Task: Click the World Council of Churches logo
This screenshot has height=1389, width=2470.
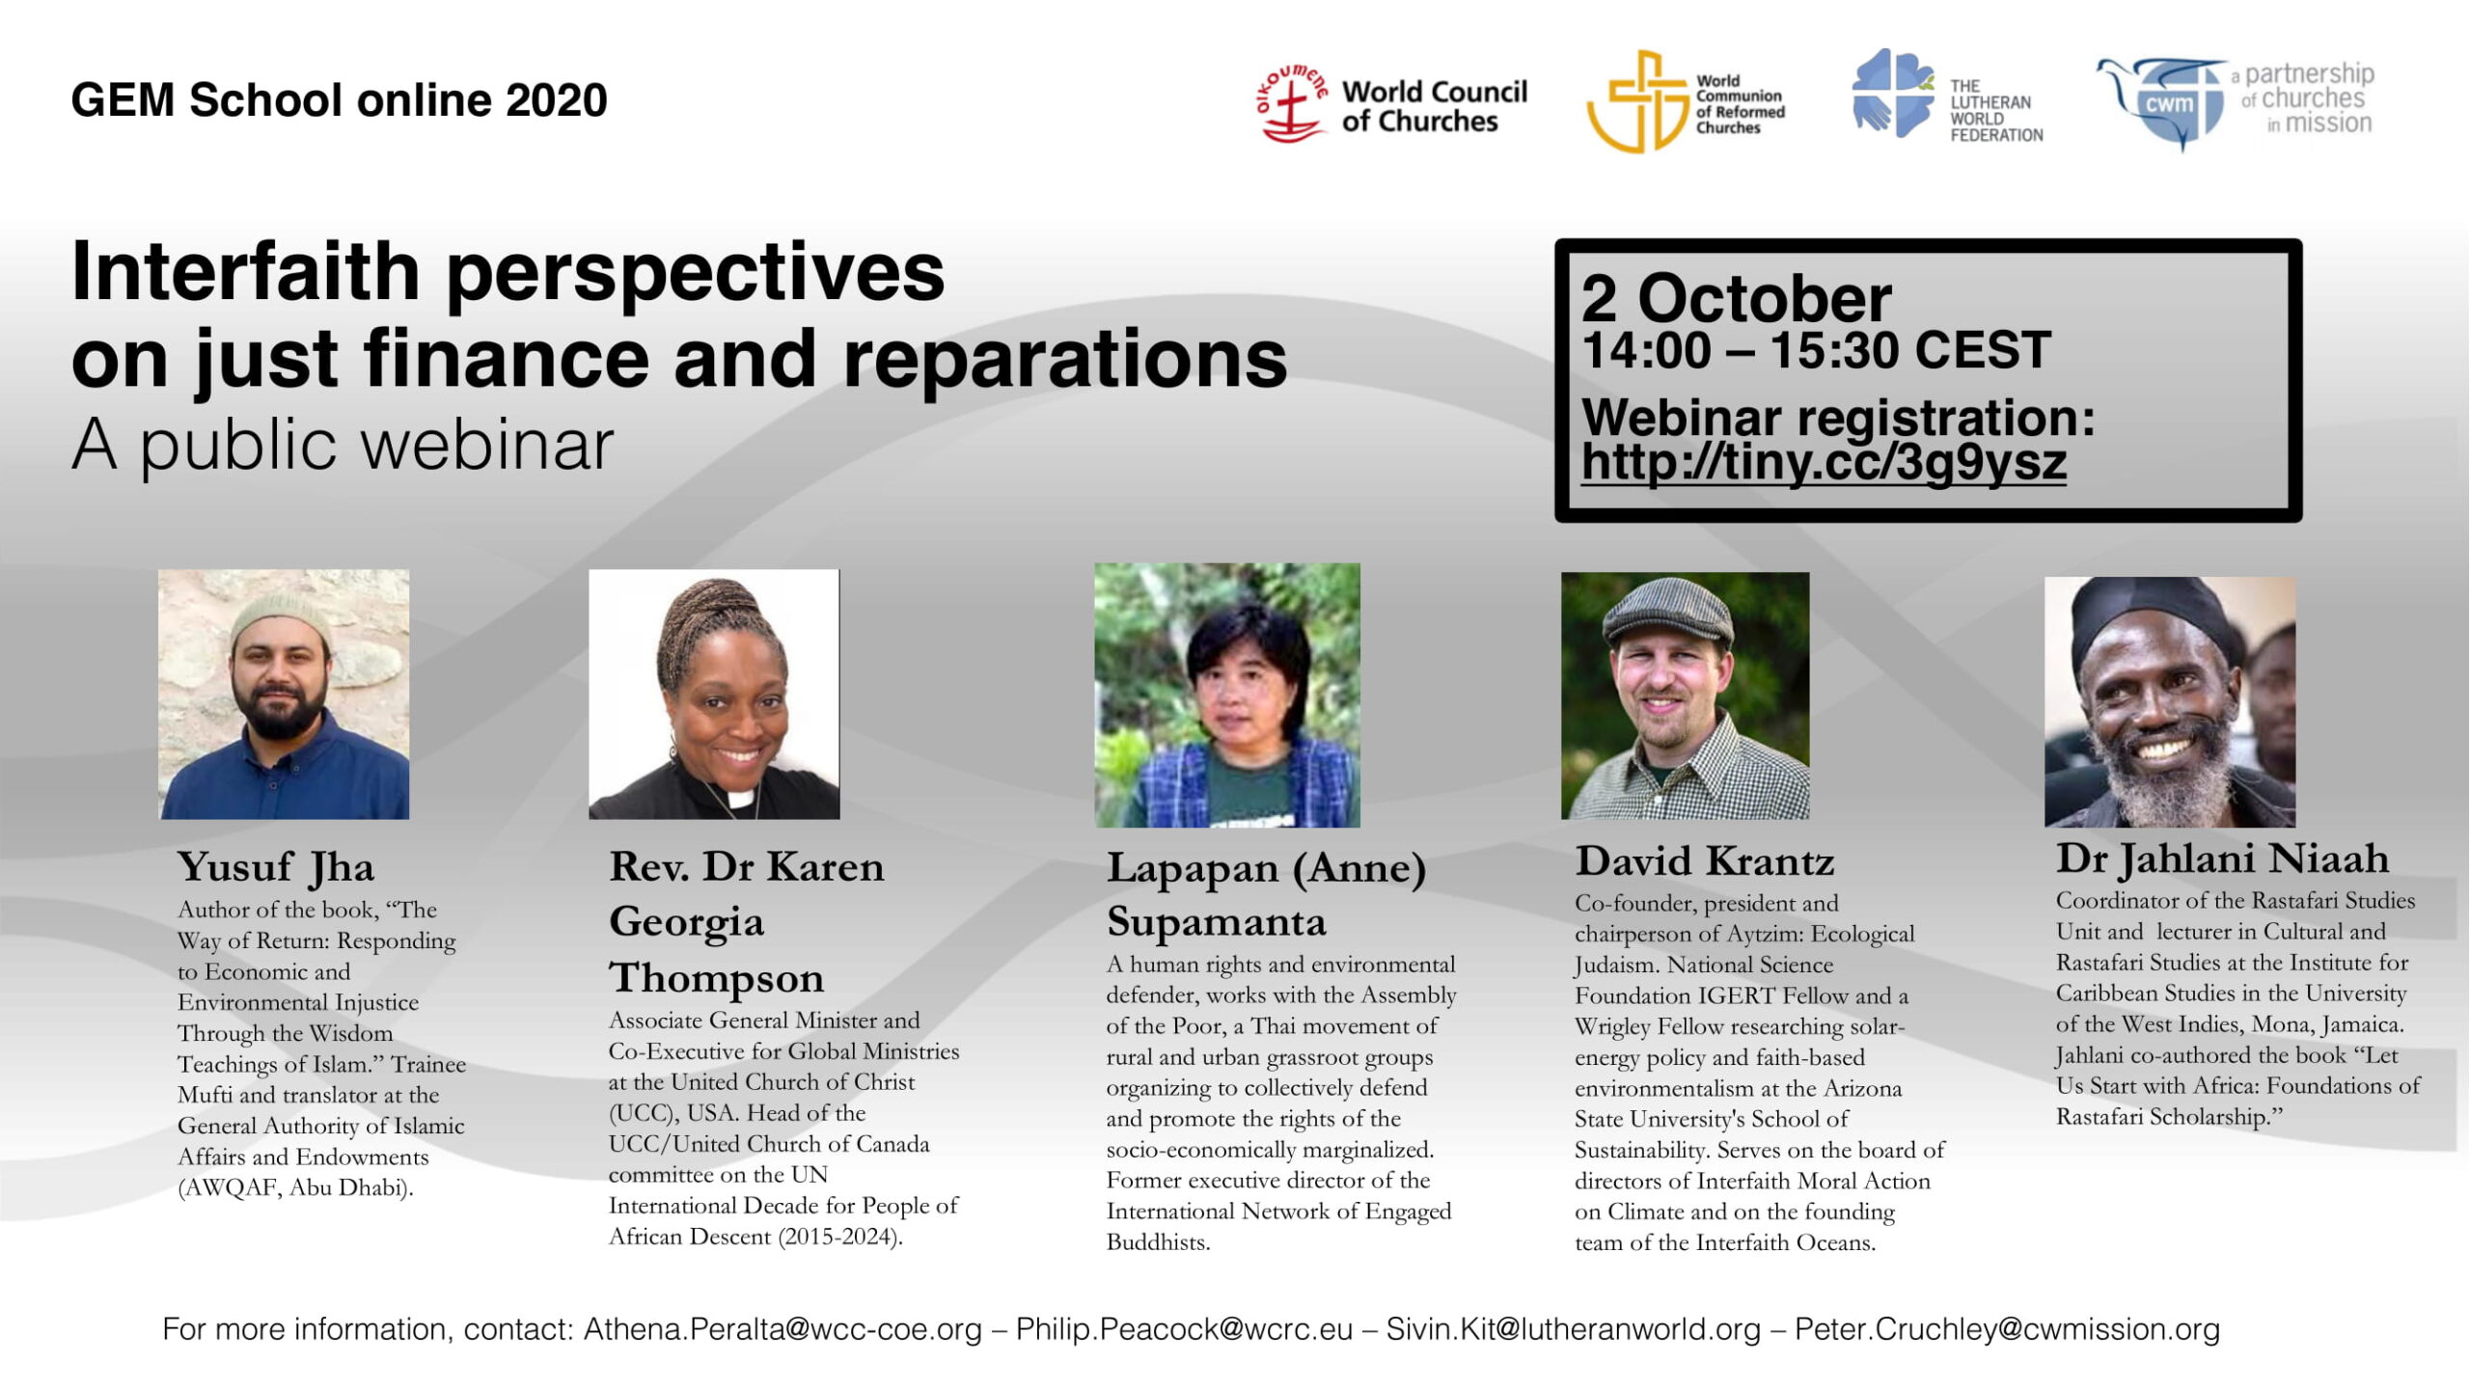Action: click(x=1391, y=104)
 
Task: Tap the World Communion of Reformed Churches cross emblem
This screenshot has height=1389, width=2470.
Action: click(x=1636, y=102)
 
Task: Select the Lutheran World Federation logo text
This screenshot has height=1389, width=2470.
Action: click(x=1996, y=111)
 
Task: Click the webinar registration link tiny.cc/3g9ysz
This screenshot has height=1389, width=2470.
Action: click(x=1824, y=462)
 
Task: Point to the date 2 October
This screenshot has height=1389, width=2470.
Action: click(x=1736, y=298)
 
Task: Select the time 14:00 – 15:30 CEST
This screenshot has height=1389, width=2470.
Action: click(x=1816, y=350)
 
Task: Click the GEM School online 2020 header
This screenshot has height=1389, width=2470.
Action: click(x=339, y=100)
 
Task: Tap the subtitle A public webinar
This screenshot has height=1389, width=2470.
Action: click(x=343, y=446)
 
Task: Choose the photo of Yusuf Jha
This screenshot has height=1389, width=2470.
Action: click(x=284, y=694)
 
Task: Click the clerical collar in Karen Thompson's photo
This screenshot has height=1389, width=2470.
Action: click(x=740, y=798)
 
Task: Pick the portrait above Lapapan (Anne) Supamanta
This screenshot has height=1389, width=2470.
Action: click(x=1227, y=695)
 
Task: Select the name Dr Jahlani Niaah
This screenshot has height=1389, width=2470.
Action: click(x=2222, y=858)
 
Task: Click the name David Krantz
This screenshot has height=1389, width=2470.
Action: click(x=1705, y=860)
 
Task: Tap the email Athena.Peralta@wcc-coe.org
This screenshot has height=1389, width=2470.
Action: click(x=782, y=1329)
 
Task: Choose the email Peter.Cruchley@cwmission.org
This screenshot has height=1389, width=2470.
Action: click(x=2007, y=1329)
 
